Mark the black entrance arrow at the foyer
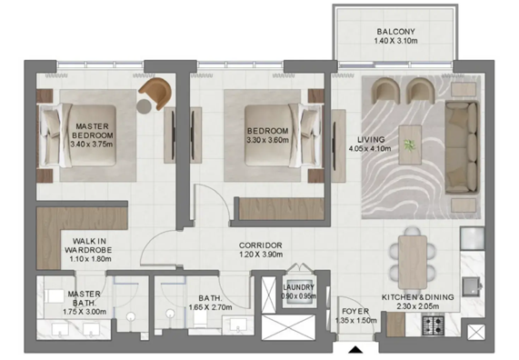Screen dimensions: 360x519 point(353,349)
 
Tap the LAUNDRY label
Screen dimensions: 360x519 point(298,286)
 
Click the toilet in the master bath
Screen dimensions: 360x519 point(131,318)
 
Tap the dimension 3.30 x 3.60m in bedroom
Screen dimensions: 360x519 point(267,141)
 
